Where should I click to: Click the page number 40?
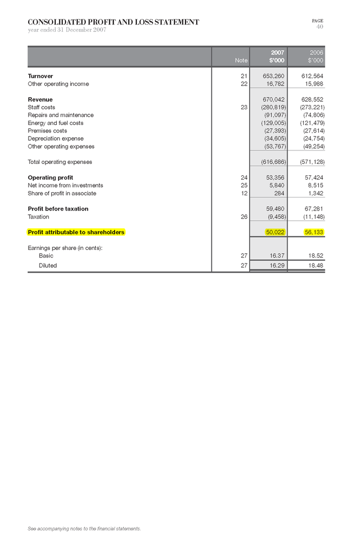tap(319, 27)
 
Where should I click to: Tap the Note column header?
tap(241, 61)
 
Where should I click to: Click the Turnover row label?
tap(40, 76)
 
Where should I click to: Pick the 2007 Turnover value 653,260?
tap(274, 76)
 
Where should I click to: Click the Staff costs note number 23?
tap(244, 107)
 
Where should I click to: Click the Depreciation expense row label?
tap(56, 138)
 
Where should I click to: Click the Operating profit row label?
tap(50, 177)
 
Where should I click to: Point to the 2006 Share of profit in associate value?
tap(316, 193)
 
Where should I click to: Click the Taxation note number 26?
tap(244, 216)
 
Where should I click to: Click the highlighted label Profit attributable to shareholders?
tap(76, 232)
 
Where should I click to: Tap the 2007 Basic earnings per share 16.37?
tap(277, 255)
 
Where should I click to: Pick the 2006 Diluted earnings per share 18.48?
tap(316, 266)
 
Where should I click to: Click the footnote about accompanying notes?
tap(84, 529)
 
